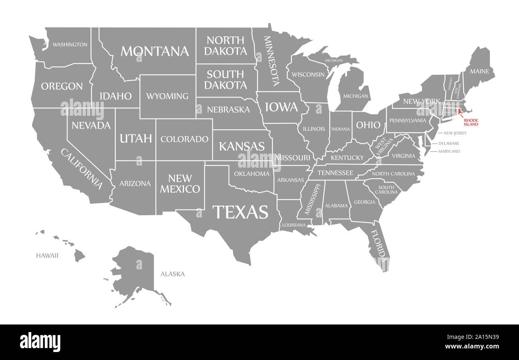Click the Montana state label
[155, 51]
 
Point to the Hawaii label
[47, 255]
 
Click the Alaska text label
[172, 274]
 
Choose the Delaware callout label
[449, 143]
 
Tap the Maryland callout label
[449, 151]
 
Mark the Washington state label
[70, 44]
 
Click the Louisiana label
[294, 225]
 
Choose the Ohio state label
[368, 125]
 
